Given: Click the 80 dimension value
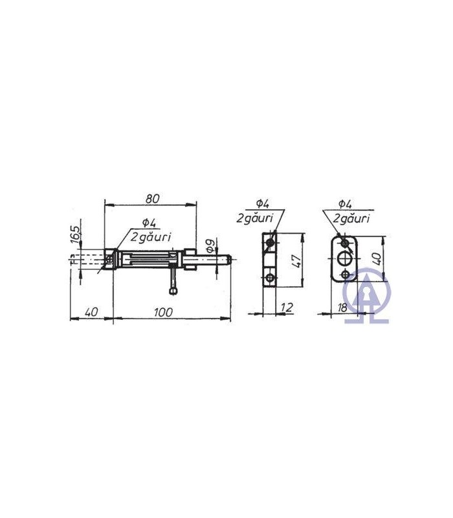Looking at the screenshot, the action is coord(152,199).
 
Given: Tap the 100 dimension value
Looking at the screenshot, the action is coord(164,312).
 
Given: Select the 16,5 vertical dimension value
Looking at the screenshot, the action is coord(76,234).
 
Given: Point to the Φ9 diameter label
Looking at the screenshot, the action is coord(210,245).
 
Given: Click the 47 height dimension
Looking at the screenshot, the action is coord(296,261).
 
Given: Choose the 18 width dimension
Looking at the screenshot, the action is coord(343,308).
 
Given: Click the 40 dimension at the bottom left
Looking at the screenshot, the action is coord(91,312).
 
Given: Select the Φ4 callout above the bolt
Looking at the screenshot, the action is coord(149,223).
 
